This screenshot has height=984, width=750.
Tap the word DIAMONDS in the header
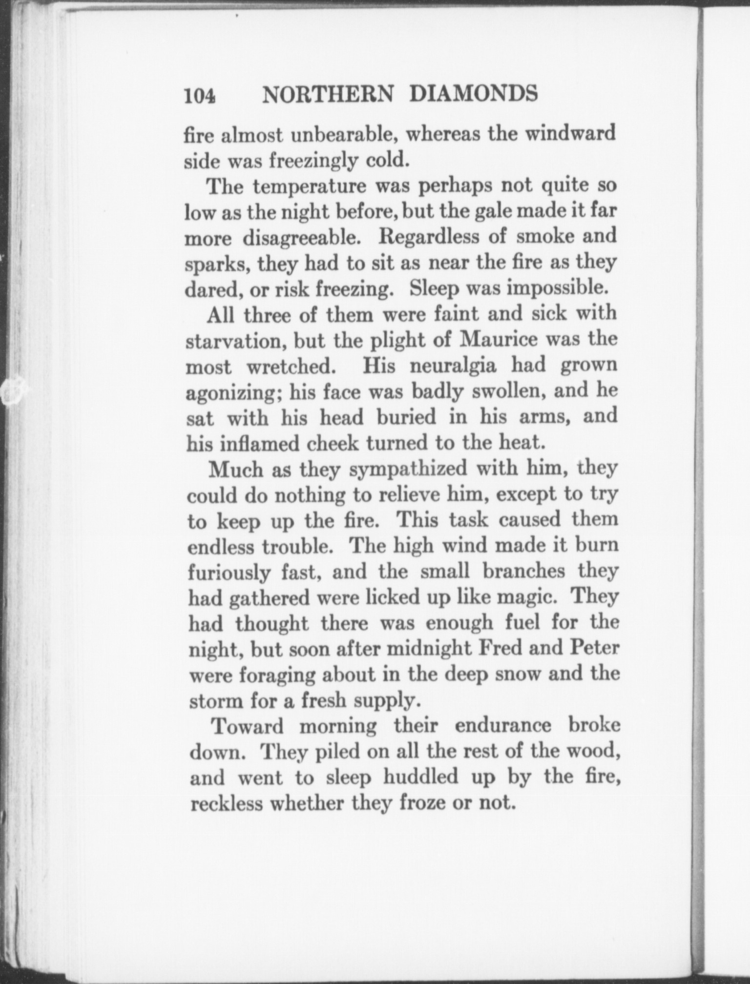(x=474, y=93)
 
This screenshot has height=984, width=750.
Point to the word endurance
(x=502, y=727)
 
